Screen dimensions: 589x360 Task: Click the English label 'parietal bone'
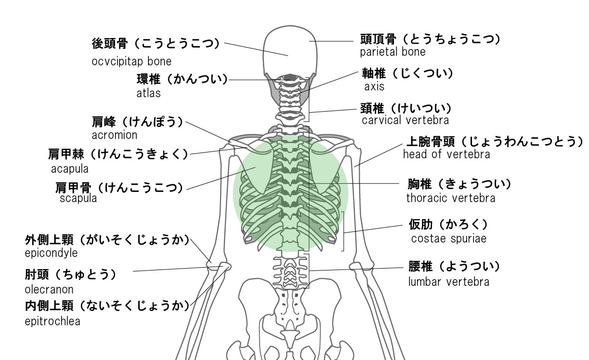coord(393,51)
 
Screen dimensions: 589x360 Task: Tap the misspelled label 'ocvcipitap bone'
coord(131,62)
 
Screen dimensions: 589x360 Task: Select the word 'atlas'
coord(148,93)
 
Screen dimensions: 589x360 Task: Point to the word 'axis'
coord(374,87)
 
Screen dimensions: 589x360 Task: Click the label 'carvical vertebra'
coord(405,120)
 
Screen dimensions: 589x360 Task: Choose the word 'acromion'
coord(115,135)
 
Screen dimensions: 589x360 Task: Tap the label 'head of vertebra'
coord(446,154)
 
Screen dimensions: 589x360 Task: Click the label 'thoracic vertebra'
coord(450,198)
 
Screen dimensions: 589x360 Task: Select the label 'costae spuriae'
coord(449,238)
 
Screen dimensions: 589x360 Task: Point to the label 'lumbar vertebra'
coord(449,282)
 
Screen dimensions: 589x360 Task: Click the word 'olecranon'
coord(49,290)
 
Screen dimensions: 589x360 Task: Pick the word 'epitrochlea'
coord(52,321)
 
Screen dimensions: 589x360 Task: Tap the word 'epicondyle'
coord(51,253)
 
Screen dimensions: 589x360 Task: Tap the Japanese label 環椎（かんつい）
coord(182,79)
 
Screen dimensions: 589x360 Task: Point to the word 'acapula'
coord(70,169)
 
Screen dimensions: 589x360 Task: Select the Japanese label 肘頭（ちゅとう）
coord(71,275)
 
